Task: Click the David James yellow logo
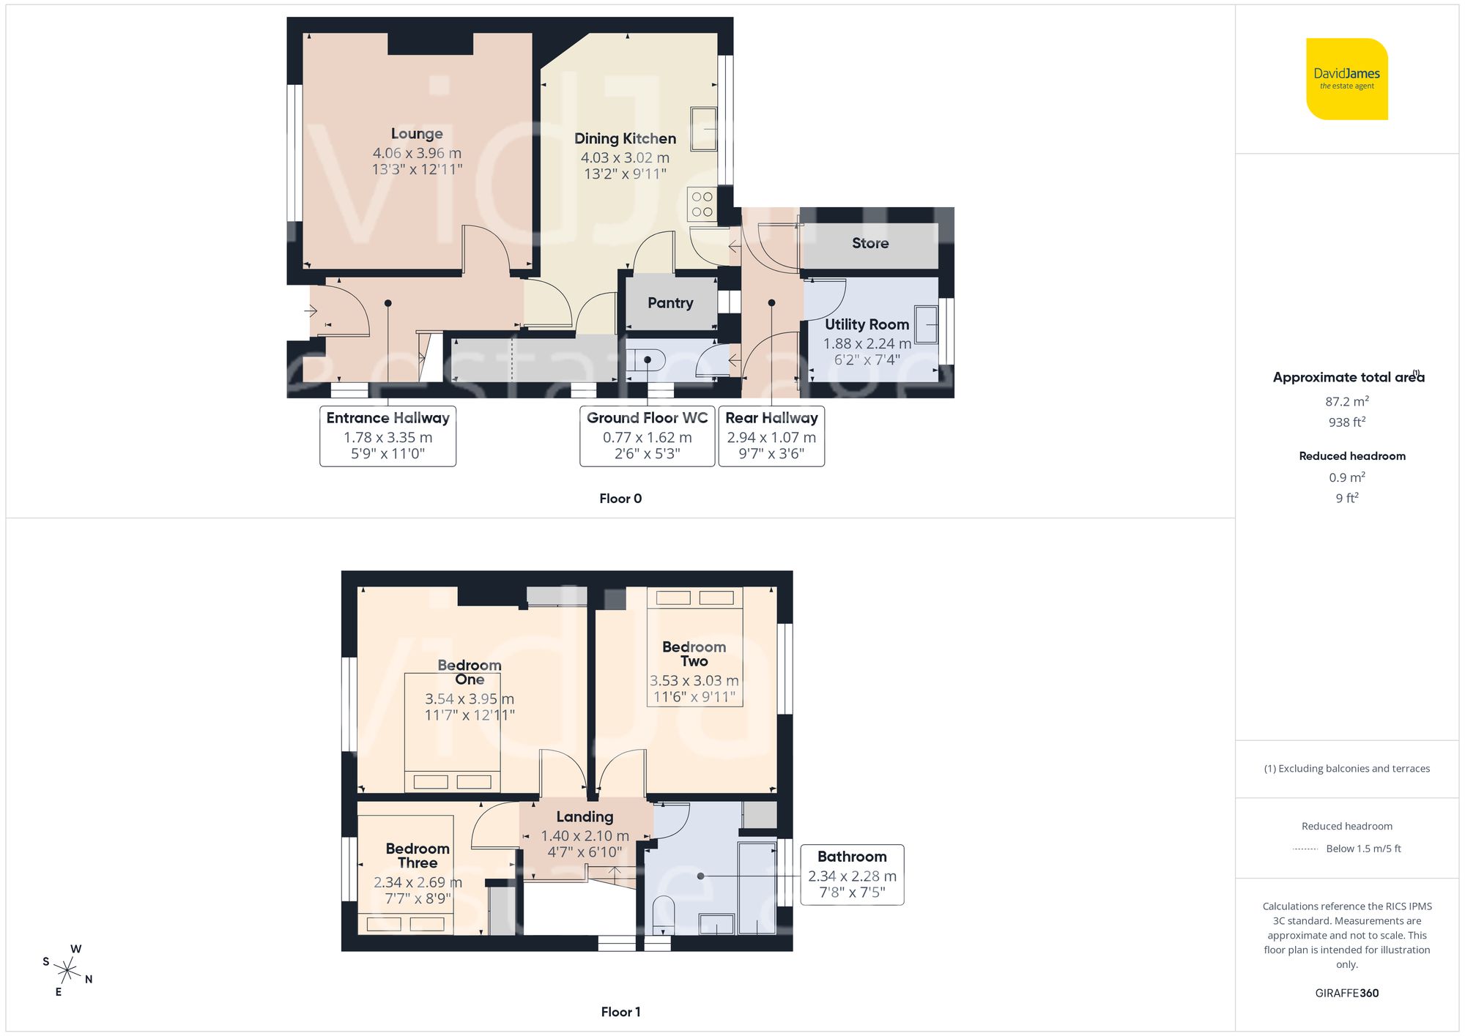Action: [x=1346, y=79]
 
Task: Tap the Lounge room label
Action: [x=416, y=133]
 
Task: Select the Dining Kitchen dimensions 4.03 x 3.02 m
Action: [x=625, y=157]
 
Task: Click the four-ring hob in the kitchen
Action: [x=702, y=204]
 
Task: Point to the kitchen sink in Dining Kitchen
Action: [x=704, y=129]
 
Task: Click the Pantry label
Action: [x=670, y=302]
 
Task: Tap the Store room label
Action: [x=869, y=243]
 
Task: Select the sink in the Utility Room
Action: [x=927, y=324]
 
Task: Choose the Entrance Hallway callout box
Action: [x=387, y=436]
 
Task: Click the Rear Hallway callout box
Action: [x=771, y=436]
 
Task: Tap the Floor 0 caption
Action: [x=620, y=499]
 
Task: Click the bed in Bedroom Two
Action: [x=694, y=646]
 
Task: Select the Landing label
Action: [x=585, y=816]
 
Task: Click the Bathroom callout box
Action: [x=852, y=874]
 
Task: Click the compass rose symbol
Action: [x=67, y=971]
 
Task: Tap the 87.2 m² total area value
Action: [x=1346, y=401]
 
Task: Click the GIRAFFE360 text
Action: [x=1346, y=993]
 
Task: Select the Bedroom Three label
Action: [x=418, y=855]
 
